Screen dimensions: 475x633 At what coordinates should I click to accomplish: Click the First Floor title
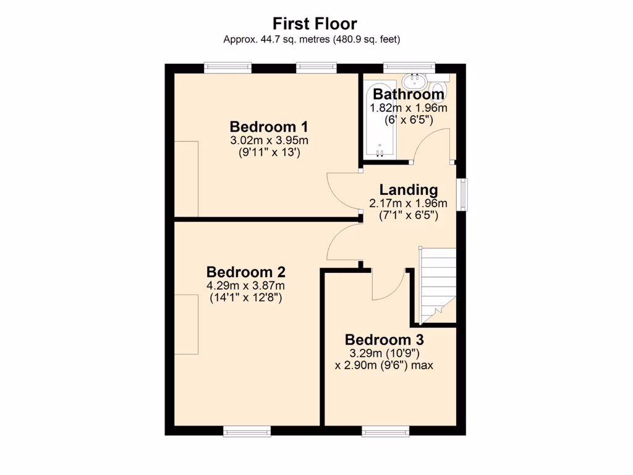[315, 24]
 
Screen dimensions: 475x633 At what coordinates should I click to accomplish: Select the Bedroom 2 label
[245, 272]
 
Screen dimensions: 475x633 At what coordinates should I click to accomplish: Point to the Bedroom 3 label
[384, 340]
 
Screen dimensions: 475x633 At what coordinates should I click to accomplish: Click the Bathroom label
[408, 95]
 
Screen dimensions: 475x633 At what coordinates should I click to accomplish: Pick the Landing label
[408, 190]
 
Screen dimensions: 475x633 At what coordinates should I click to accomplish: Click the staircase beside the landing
[438, 281]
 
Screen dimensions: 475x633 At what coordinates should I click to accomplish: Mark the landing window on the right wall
[462, 194]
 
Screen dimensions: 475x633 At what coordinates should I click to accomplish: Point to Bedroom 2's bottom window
[247, 431]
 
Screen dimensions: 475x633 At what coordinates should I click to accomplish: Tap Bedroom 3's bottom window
[385, 431]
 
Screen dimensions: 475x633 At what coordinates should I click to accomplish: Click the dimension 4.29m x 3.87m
[245, 286]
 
